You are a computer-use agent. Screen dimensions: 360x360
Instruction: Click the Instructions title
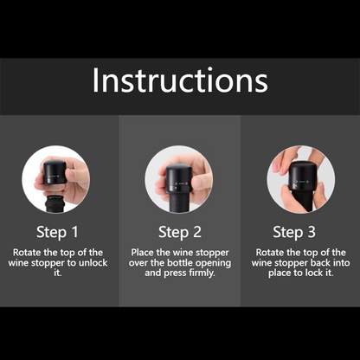point(180,80)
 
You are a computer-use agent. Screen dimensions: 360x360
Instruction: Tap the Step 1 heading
point(57,232)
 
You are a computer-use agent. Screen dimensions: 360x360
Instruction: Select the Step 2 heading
point(180,232)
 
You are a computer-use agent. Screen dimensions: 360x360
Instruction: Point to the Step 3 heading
point(294,232)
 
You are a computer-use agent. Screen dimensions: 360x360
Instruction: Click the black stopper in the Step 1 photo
point(55,172)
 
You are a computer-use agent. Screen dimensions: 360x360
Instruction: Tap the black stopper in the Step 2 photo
point(178,178)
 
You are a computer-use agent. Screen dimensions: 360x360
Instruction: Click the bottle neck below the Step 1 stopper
point(55,204)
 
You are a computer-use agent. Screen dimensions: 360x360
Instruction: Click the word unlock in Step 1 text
point(93,263)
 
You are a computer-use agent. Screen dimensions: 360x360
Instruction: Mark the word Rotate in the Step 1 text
point(27,253)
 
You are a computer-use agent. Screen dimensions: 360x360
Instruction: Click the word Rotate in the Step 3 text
point(270,253)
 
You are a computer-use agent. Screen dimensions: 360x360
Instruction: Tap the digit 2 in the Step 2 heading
point(197,232)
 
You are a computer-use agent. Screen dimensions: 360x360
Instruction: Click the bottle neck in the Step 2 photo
point(178,202)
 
